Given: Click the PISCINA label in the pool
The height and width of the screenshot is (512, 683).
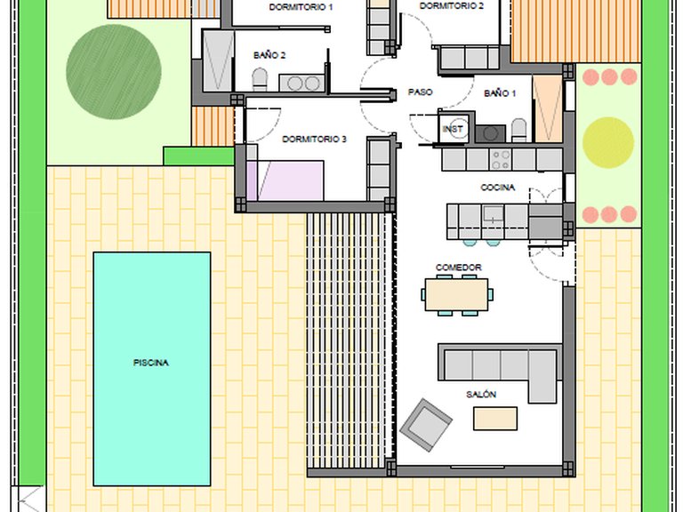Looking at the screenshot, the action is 150,363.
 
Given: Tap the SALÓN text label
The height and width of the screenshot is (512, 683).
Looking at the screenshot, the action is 481,395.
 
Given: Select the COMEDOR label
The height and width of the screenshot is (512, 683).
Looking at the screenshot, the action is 459,268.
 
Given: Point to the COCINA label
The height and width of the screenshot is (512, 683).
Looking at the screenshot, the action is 497,188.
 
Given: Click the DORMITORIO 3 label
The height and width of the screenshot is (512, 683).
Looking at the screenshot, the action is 314,140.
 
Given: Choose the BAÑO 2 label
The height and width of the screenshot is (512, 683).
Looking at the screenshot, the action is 269,55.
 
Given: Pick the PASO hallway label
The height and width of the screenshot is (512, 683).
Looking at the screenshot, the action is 421,92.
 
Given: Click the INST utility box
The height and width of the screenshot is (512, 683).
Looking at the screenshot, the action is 454,129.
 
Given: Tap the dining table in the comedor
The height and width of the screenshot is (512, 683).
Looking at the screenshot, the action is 456,295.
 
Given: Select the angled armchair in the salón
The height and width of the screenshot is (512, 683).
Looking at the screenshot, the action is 426,424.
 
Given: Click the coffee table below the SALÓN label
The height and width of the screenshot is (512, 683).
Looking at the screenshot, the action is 495,419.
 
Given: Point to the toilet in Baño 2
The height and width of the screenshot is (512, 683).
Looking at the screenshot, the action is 260,79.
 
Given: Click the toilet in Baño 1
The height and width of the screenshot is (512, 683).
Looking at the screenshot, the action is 518,131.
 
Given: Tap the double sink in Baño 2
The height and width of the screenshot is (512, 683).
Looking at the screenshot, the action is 301,84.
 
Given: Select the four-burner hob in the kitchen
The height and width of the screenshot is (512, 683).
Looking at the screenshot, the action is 501,159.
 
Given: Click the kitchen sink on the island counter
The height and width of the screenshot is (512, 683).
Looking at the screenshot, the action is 493,214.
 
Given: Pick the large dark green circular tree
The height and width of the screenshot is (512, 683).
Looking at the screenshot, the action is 114,72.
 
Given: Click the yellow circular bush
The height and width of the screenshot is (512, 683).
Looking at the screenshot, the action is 608,142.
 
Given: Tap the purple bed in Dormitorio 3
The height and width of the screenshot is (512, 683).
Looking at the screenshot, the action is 285,180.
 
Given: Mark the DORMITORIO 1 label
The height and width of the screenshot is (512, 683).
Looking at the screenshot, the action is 301,7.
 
